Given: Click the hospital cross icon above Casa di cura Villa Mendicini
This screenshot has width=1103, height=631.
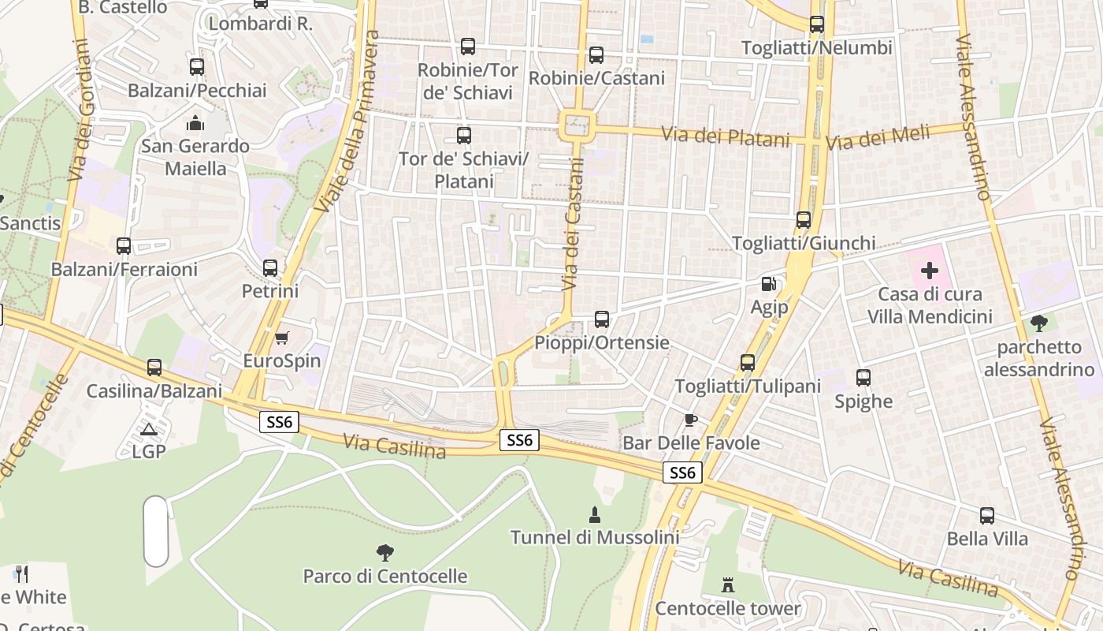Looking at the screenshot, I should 930,271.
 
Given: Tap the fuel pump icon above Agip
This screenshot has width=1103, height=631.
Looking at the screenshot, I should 769,284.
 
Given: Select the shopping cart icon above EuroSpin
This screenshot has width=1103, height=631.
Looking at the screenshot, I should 281,338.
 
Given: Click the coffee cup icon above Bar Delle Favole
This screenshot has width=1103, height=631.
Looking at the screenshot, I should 691,420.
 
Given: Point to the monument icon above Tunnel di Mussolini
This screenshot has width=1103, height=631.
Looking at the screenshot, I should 595,515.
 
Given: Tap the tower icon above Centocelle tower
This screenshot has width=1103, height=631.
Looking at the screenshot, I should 727,585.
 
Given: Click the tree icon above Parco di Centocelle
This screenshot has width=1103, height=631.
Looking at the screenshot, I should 384,552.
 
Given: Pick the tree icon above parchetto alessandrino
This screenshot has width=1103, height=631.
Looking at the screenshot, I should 1039,323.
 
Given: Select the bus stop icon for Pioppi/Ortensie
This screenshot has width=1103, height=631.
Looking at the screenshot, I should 602,319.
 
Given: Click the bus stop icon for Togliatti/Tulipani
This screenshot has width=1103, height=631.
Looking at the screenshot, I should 747,363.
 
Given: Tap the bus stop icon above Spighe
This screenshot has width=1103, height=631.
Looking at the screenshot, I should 863,378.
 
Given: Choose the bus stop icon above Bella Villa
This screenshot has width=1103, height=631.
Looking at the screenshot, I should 987,516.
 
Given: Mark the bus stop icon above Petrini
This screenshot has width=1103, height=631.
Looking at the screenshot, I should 270,268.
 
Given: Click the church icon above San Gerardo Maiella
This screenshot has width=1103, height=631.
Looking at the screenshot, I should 195,123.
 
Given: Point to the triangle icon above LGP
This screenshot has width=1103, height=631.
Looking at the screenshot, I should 148,429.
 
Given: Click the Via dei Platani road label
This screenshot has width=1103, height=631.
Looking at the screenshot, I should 725,136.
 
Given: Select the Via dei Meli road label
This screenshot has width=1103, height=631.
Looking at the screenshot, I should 877,139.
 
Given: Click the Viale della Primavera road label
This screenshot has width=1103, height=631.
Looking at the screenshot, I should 347,122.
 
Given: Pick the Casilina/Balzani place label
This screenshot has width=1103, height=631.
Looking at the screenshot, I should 154,391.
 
